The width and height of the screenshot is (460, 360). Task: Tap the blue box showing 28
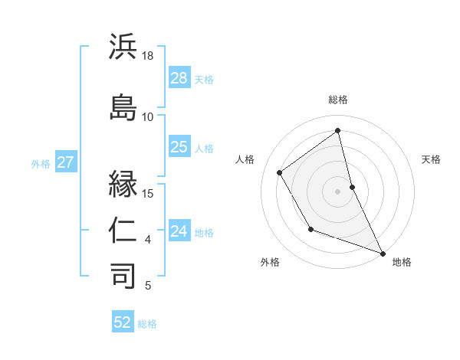point(179,78)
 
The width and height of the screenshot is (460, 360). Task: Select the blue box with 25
point(179,147)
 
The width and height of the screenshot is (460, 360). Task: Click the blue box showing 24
point(179,231)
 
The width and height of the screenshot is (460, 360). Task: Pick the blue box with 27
point(65,162)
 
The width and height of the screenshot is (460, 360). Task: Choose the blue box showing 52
point(123,322)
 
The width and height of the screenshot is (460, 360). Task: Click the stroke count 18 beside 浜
point(148,56)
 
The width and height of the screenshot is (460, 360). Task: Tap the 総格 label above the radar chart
point(338,100)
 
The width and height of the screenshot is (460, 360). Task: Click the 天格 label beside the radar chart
point(431,159)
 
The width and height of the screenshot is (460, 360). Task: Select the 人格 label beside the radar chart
point(245,159)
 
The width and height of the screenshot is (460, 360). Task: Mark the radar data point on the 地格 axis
point(383,254)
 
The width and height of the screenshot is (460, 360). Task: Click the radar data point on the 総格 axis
point(338,131)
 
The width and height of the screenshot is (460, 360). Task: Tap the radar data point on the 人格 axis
point(280,172)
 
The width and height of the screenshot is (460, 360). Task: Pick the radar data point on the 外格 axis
point(310,229)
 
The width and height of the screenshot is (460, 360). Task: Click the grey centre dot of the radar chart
point(338,191)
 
